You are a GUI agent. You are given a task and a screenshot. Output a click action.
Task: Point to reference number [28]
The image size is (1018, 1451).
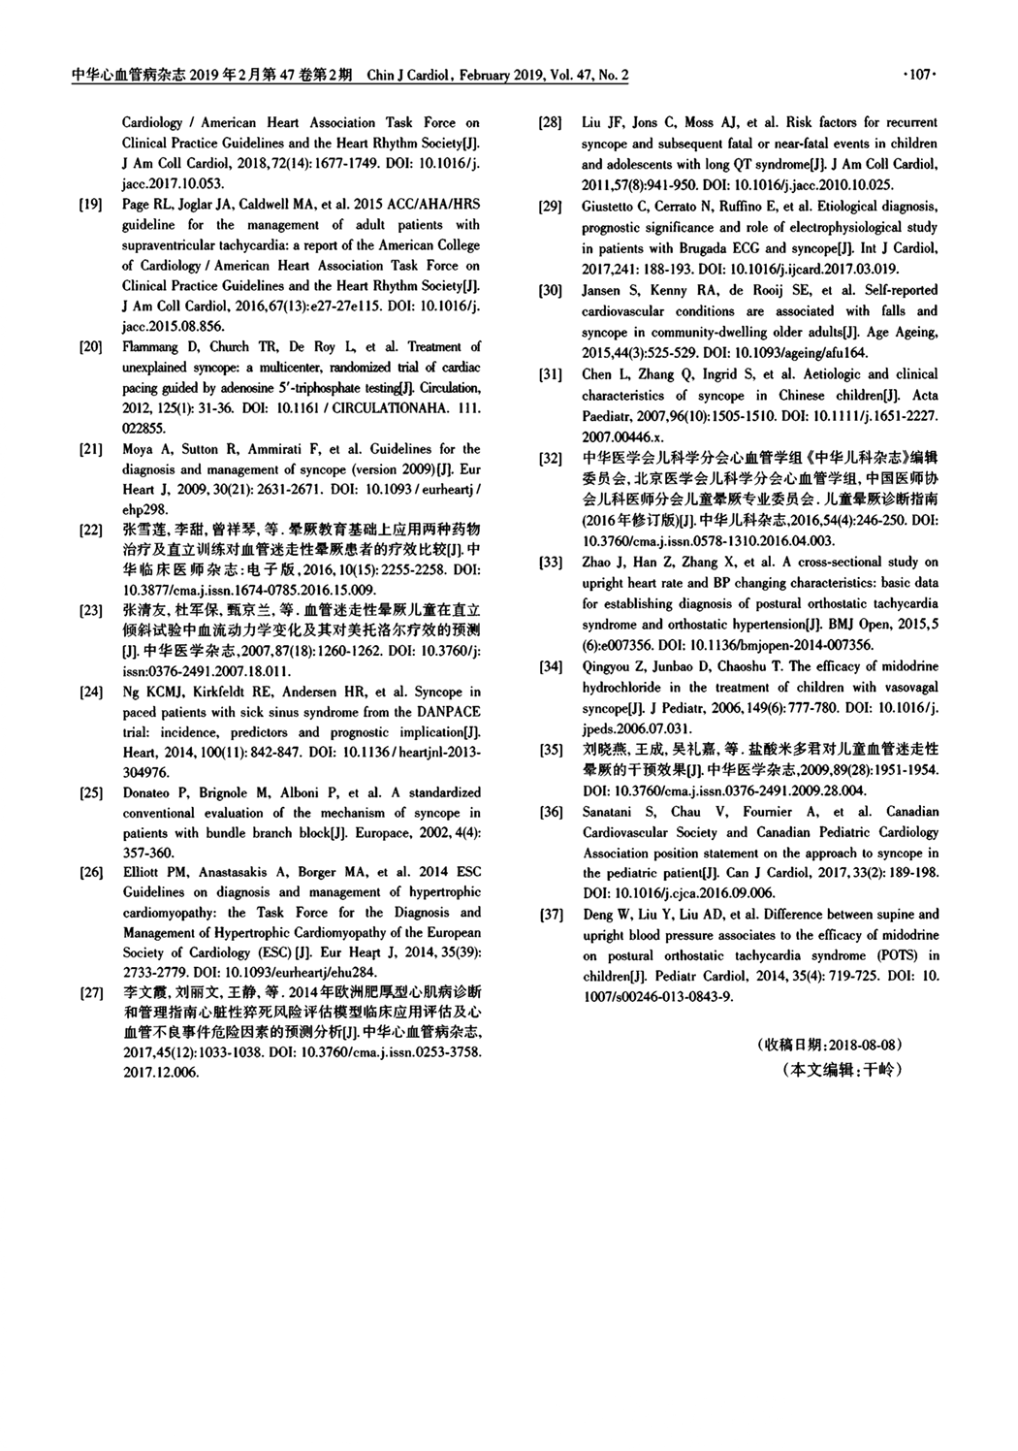point(550,123)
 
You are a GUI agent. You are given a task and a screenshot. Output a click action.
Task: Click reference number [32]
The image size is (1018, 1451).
point(550,458)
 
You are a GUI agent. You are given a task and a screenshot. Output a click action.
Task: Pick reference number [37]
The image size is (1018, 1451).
point(550,915)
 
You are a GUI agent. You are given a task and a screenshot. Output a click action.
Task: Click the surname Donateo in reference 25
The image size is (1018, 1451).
point(147,792)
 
